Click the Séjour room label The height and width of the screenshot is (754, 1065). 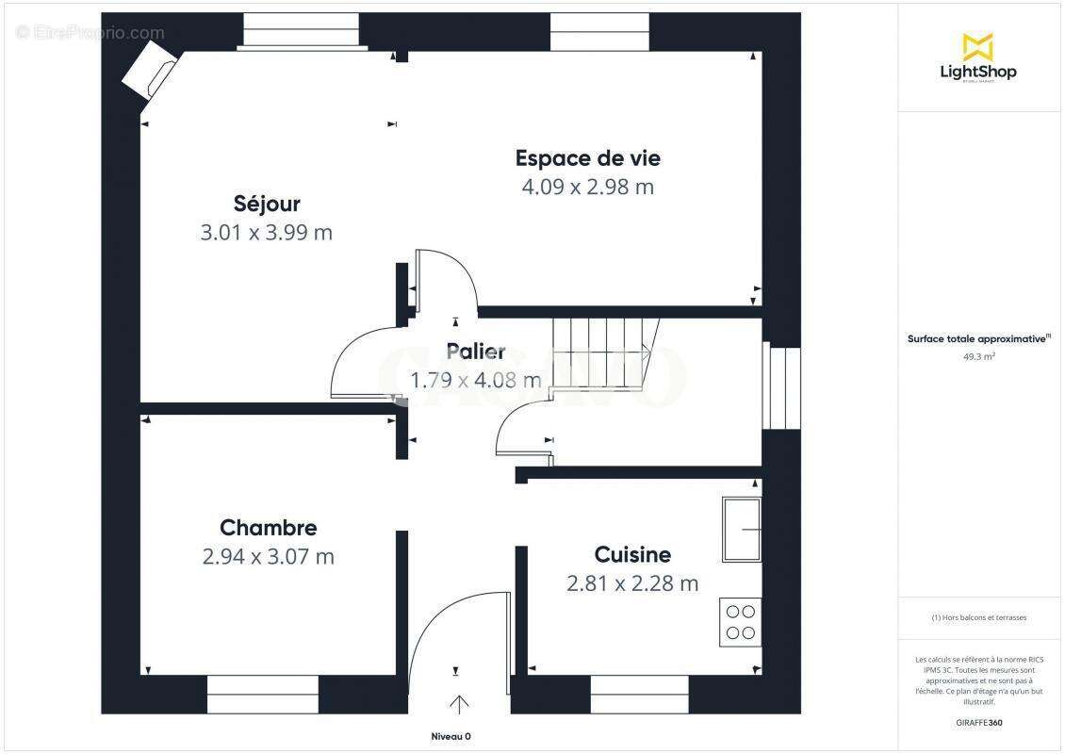coord(267,204)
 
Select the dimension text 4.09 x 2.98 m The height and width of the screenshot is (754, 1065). coord(587,187)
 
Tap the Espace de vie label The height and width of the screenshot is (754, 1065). coord(587,157)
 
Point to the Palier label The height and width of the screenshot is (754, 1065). coord(475,352)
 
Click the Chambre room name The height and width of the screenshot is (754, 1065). coord(268,528)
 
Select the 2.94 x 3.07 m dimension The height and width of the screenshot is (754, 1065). coord(268,557)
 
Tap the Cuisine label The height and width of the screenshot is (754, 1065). coord(632,554)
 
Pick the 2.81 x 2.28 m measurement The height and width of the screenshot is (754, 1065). coord(632,583)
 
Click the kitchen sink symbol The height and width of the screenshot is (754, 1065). coord(742,530)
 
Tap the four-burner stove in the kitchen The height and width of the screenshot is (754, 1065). coord(741,622)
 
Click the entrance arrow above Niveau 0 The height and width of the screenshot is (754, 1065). coord(460,704)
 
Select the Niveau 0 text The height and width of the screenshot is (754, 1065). coord(451,737)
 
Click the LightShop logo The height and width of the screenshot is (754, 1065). coord(977,57)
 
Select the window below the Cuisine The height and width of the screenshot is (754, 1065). coord(627,695)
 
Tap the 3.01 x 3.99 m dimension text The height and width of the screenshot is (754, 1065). coord(267,233)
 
